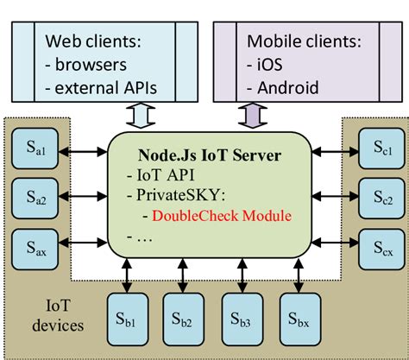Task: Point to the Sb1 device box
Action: click(125, 316)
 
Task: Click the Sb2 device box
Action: click(182, 316)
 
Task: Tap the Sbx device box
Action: click(297, 316)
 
